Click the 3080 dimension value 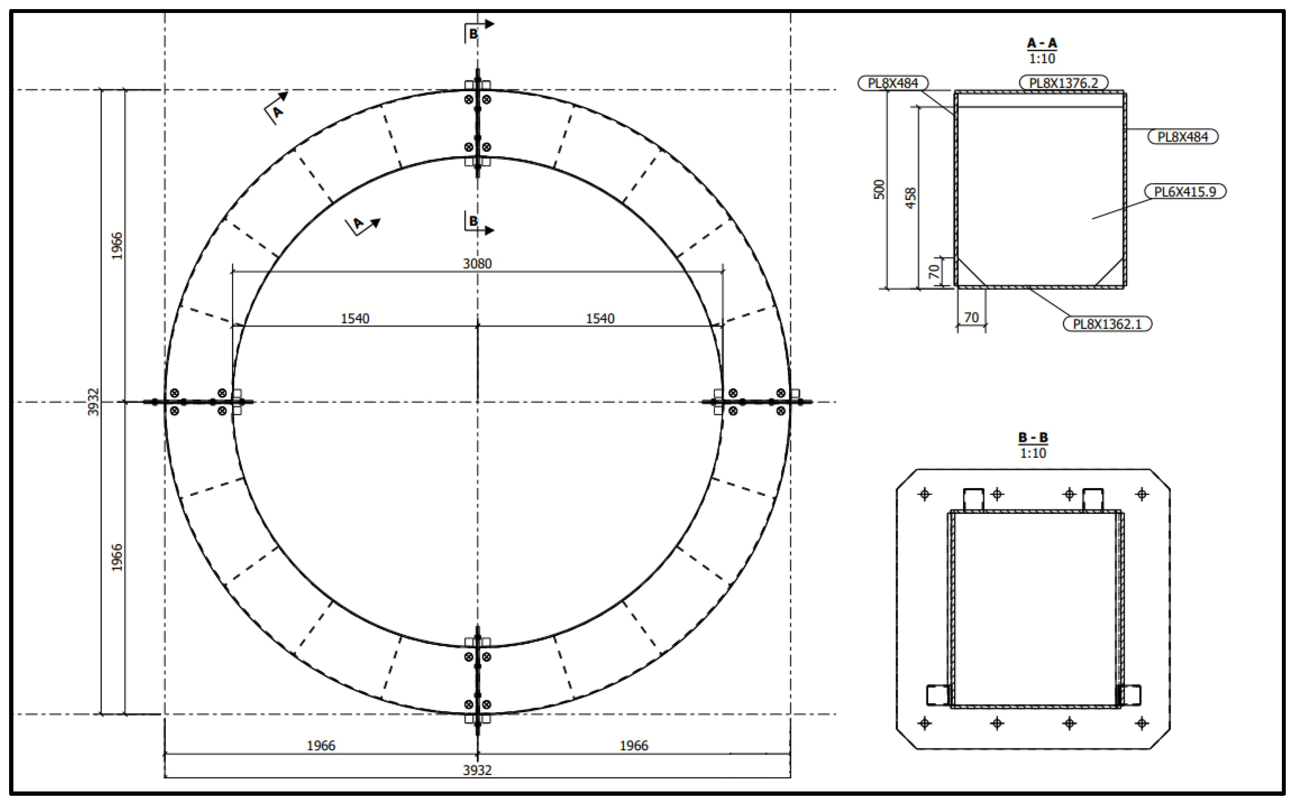[477, 264]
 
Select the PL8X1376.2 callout [1063, 83]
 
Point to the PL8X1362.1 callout [1107, 324]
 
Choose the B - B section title [1033, 437]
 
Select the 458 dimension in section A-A [911, 198]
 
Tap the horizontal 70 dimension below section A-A [971, 318]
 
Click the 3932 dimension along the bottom [477, 770]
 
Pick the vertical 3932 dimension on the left [93, 402]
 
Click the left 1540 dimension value [354, 318]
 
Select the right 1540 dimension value [600, 318]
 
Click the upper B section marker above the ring [473, 34]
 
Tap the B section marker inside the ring [473, 221]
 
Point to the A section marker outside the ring [277, 112]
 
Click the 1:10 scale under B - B [1033, 453]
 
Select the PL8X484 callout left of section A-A [893, 84]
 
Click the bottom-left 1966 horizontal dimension [321, 746]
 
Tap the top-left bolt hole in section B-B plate [924, 495]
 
